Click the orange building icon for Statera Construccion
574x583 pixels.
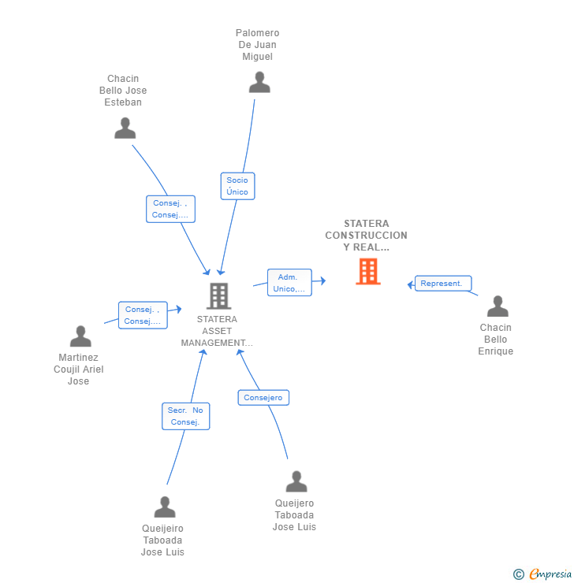367,271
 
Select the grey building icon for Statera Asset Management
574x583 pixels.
218,295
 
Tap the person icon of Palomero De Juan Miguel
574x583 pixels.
259,83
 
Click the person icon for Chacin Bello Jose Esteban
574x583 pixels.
125,128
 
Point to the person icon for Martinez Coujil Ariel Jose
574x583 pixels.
80,336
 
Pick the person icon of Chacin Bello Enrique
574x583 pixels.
498,306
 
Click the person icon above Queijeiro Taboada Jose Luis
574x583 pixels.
165,507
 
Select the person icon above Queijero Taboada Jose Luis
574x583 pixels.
296,481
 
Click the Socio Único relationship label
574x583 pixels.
237,186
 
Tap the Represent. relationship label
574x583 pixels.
443,284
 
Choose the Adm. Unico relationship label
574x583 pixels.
289,283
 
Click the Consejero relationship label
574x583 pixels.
263,398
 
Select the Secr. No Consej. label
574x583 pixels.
186,416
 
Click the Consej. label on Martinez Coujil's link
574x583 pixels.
143,315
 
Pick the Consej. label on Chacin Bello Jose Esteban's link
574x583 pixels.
170,209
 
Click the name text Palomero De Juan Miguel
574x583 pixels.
258,45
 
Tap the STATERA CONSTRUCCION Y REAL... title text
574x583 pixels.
366,236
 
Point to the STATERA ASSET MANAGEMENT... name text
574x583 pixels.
217,331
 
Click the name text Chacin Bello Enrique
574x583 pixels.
495,340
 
